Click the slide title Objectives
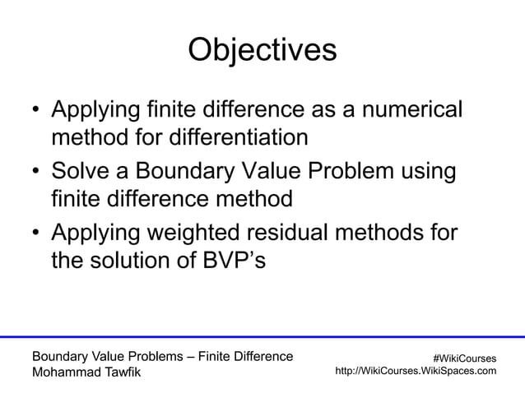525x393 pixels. [262, 50]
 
